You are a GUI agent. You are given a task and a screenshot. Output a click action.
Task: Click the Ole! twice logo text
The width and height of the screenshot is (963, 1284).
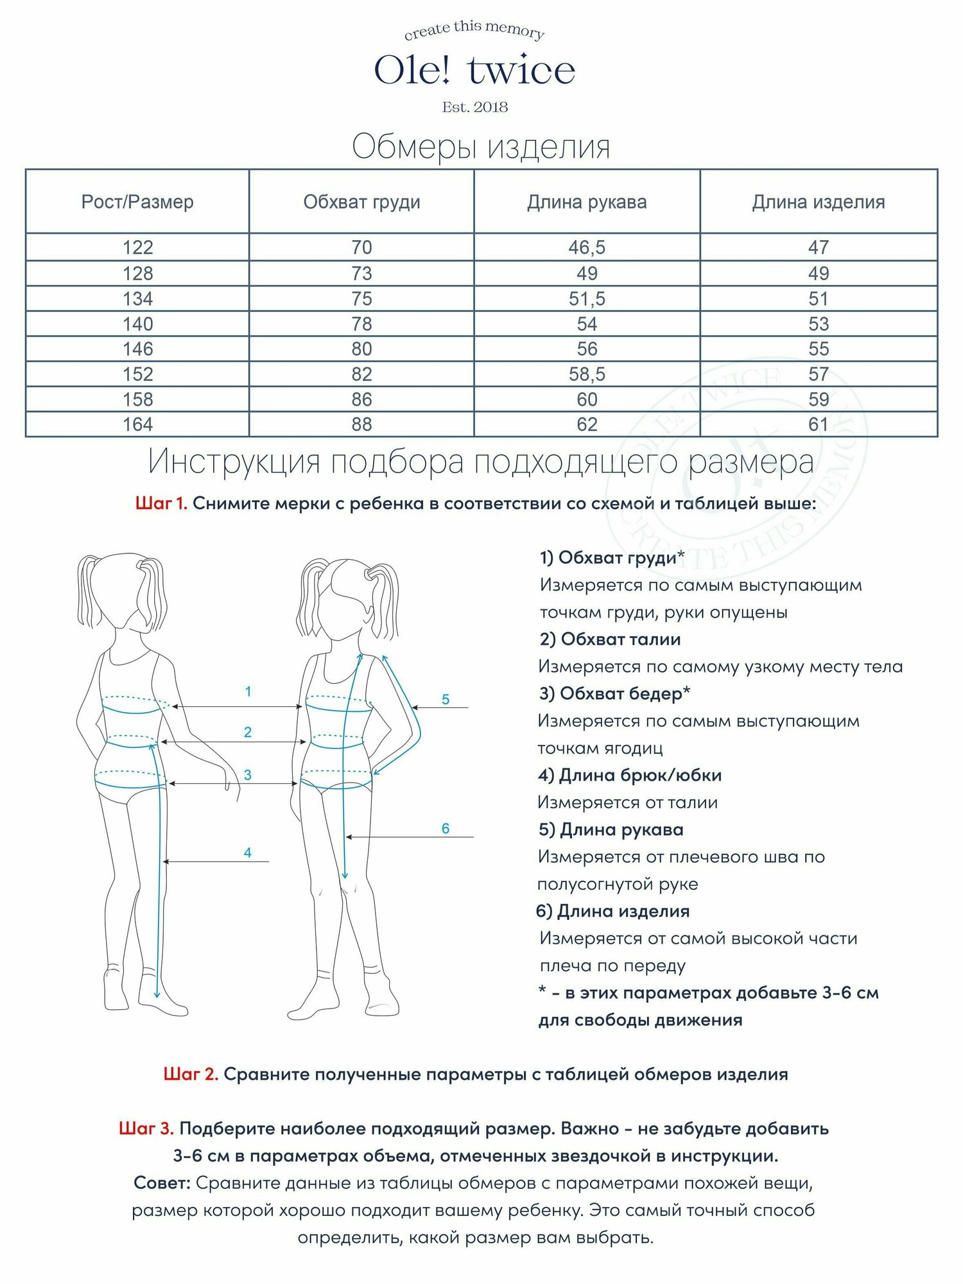point(474,71)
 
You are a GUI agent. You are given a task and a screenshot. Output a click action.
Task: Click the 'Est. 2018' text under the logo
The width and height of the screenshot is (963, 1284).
point(474,107)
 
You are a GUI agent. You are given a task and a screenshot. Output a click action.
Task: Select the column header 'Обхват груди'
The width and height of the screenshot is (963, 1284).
point(361,202)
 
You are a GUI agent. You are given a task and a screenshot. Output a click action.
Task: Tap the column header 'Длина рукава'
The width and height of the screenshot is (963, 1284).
point(587,202)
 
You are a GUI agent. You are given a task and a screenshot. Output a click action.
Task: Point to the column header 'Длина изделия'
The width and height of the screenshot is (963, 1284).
point(819,202)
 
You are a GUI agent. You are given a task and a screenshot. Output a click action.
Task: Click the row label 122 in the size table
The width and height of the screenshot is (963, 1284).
point(137,247)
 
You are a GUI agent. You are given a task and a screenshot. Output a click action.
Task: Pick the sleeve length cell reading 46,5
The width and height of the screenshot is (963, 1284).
point(587,247)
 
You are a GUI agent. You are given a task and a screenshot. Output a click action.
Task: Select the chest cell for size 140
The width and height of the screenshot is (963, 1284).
point(361,324)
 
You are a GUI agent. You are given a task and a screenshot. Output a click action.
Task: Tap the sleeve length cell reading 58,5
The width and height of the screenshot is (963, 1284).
point(587,374)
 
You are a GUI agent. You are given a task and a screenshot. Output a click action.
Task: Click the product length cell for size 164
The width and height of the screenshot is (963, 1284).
point(819,424)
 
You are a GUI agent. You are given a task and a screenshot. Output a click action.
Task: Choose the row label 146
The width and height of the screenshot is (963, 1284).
point(137,349)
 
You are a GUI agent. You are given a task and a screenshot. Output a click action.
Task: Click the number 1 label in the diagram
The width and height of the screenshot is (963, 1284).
point(248,691)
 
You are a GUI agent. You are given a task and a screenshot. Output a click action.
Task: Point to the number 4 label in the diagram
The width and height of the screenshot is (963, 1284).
point(248,853)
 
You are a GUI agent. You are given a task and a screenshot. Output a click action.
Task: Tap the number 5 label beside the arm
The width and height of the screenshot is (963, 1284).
point(446,699)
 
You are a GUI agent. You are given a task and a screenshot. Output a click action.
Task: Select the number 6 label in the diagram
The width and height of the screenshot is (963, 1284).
point(446,828)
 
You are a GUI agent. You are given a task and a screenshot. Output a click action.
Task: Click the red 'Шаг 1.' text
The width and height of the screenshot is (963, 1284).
point(161,503)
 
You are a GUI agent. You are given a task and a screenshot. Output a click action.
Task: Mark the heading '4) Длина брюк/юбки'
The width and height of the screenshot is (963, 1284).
point(630,775)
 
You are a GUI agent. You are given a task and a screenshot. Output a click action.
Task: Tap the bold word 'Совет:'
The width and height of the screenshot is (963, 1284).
point(162,1183)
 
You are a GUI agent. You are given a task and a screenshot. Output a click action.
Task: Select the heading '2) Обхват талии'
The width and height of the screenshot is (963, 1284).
point(610,639)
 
